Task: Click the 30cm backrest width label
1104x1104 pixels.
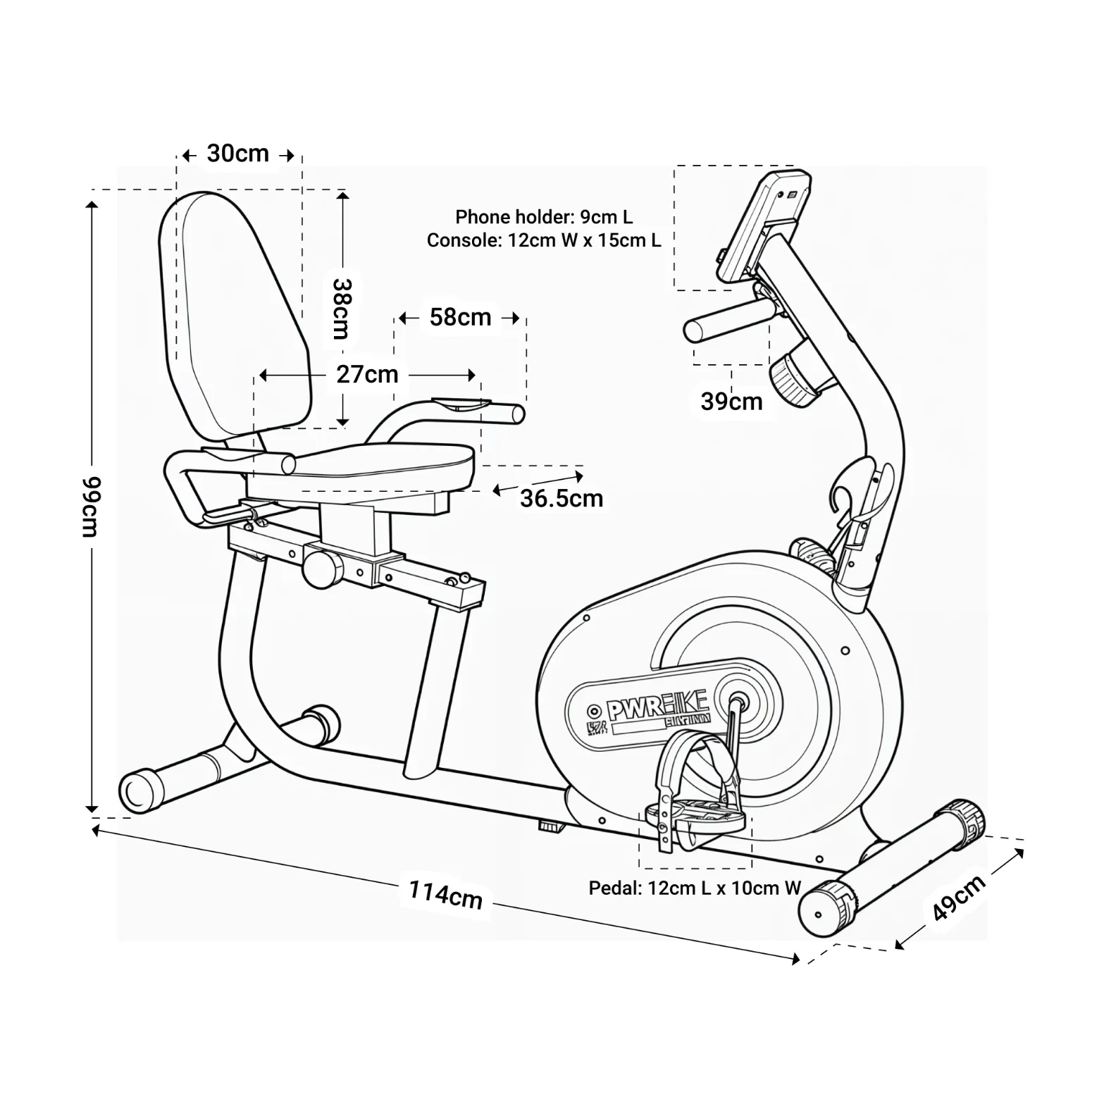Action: [x=238, y=154]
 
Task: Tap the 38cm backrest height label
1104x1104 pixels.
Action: [x=342, y=309]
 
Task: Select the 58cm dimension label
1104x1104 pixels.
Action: [x=460, y=318]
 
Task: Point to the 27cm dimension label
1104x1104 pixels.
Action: [x=367, y=374]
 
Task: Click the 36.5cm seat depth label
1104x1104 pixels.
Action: [x=562, y=499]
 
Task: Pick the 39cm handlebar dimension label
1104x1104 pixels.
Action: [x=731, y=402]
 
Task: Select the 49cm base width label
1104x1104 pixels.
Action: [x=958, y=898]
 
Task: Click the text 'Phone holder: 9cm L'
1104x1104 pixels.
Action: [x=544, y=217]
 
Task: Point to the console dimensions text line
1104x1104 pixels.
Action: [x=544, y=241]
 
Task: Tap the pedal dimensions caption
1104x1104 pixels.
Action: [x=695, y=888]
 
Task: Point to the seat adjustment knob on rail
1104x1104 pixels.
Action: [x=321, y=568]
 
